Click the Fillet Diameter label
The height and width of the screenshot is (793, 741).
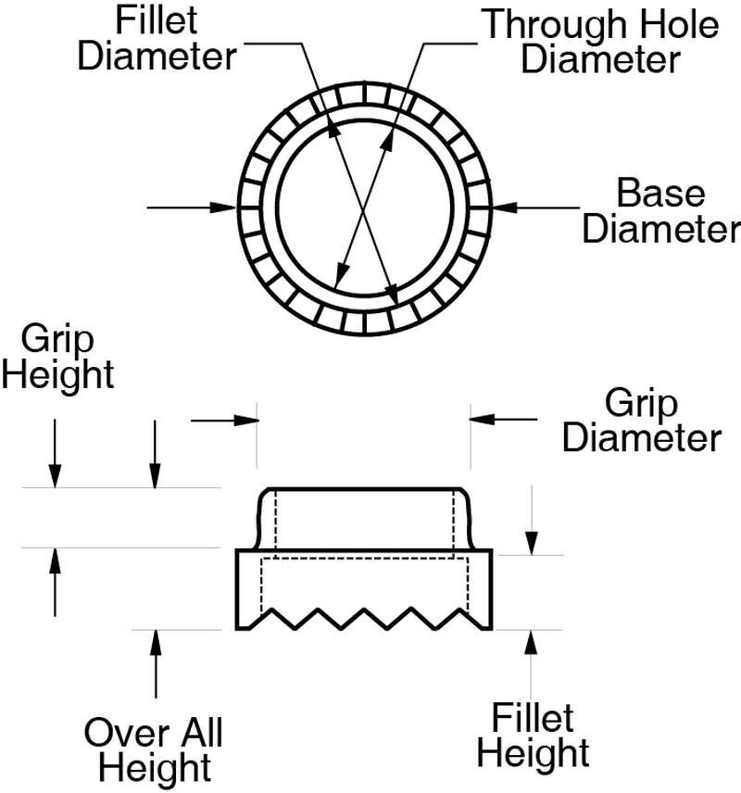pyautogui.click(x=157, y=38)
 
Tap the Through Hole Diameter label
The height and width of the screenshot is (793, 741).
pyautogui.click(x=601, y=42)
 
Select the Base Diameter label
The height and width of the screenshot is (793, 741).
pyautogui.click(x=661, y=210)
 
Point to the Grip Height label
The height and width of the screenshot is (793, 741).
pyautogui.click(x=57, y=357)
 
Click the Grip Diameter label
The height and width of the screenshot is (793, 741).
pyautogui.click(x=642, y=420)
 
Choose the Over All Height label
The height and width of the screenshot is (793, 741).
pyautogui.click(x=154, y=749)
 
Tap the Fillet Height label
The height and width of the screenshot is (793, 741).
pyautogui.click(x=534, y=735)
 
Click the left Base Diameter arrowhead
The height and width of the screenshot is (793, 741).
pyautogui.click(x=224, y=208)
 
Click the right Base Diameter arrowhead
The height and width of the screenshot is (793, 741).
pyautogui.click(x=505, y=208)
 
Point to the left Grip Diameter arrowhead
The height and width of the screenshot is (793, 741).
pyautogui.click(x=245, y=420)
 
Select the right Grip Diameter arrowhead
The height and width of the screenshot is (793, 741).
pyautogui.click(x=482, y=419)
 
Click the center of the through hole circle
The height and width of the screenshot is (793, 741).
pyautogui.click(x=364, y=208)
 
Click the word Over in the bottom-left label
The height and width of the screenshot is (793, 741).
pyautogui.click(x=119, y=732)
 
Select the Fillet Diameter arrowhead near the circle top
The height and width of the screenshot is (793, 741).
pyautogui.click(x=332, y=129)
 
